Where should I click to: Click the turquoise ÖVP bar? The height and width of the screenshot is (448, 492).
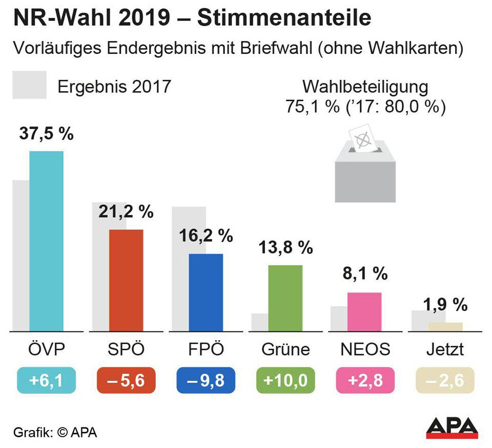46,241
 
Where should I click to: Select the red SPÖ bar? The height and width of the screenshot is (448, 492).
126,280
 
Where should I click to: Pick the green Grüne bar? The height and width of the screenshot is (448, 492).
285,298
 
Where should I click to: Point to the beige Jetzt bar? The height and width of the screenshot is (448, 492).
445,327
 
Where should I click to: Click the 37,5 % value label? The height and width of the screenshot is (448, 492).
46,134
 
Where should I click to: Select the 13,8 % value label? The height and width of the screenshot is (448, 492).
285,248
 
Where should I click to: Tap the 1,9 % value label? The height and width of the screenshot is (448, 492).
445,305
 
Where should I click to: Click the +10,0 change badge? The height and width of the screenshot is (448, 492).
285,381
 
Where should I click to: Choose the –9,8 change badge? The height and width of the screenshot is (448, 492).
206,381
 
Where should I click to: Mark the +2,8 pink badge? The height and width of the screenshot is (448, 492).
365,381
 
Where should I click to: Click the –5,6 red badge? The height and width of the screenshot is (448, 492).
126,381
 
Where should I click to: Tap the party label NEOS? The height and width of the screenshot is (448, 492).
365,350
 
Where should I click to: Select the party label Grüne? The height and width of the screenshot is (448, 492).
285,350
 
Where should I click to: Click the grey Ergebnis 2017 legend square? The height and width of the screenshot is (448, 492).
29,85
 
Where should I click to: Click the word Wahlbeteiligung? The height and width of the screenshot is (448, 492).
365,87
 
